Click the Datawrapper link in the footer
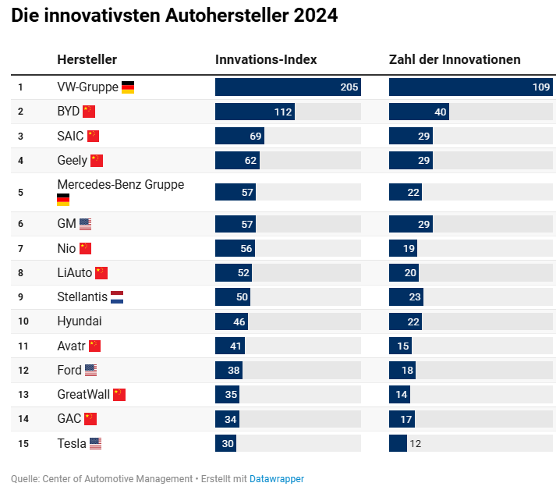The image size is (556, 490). click(x=277, y=478)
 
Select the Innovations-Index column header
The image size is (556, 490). click(x=266, y=59)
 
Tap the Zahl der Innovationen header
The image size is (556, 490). click(x=455, y=59)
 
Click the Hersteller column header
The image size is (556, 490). click(x=87, y=59)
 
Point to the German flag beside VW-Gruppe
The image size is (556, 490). click(x=128, y=87)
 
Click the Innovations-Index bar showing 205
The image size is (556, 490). click(x=288, y=87)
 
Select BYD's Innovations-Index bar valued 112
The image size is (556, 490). click(x=255, y=112)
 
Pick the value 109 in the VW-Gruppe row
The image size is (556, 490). click(x=541, y=87)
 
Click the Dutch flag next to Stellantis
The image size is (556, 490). click(x=117, y=297)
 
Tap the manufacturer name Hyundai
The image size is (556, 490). click(x=80, y=321)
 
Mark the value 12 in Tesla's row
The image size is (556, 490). click(x=415, y=444)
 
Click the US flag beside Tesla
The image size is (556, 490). click(x=95, y=444)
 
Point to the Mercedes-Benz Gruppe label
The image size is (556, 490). click(x=120, y=185)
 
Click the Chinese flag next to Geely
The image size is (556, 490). click(x=97, y=161)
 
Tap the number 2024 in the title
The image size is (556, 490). click(x=316, y=16)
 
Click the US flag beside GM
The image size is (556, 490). click(x=85, y=224)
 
